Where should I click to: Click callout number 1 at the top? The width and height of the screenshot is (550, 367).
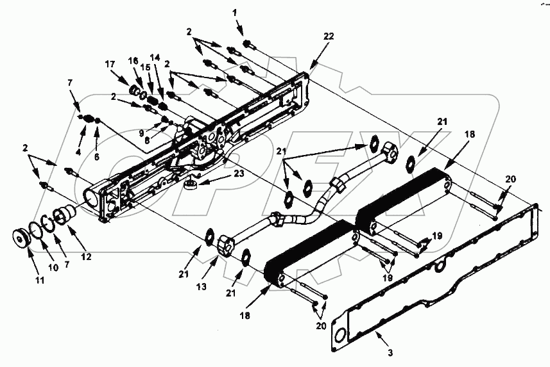(x=235, y=12)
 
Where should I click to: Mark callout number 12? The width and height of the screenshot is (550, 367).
(x=87, y=256)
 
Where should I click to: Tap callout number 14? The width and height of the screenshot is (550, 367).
(x=154, y=57)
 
